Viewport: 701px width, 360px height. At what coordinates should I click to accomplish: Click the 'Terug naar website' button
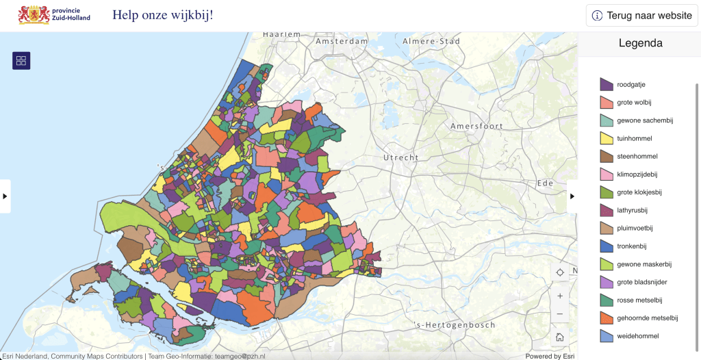[641, 16]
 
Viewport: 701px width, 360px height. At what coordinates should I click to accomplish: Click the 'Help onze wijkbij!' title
[162, 14]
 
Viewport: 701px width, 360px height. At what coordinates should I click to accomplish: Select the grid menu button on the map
[21, 61]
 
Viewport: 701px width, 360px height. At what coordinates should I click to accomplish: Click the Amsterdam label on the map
[342, 42]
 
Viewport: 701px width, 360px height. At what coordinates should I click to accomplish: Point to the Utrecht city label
[400, 157]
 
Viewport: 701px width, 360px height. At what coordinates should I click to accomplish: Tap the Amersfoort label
[476, 127]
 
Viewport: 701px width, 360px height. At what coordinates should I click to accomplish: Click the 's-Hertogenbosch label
[455, 325]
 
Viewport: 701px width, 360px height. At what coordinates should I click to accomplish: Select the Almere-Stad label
[431, 42]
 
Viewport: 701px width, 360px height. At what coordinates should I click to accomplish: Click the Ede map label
[546, 183]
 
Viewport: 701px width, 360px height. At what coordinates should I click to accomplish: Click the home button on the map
[560, 337]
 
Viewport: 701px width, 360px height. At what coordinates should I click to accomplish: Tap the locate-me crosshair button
[560, 272]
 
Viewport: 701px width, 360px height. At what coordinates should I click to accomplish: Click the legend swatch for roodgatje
[607, 84]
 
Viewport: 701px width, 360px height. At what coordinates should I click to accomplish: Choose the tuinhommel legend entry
[634, 138]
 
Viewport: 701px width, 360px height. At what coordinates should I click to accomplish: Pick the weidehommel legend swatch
[607, 335]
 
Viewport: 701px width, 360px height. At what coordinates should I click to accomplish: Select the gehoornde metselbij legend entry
[647, 318]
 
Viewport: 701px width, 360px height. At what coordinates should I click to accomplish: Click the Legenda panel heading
[640, 43]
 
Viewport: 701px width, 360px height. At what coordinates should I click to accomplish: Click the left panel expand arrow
[5, 196]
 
